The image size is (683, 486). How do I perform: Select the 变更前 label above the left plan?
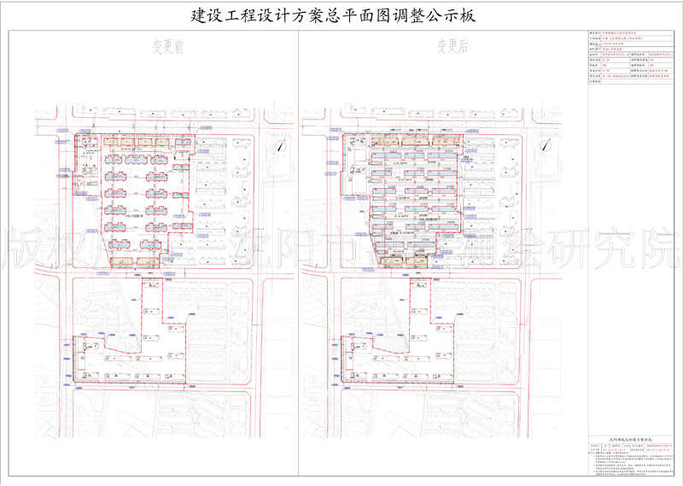167,49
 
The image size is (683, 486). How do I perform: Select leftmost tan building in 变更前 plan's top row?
114,143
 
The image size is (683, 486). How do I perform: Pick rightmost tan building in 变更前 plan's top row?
167,143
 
